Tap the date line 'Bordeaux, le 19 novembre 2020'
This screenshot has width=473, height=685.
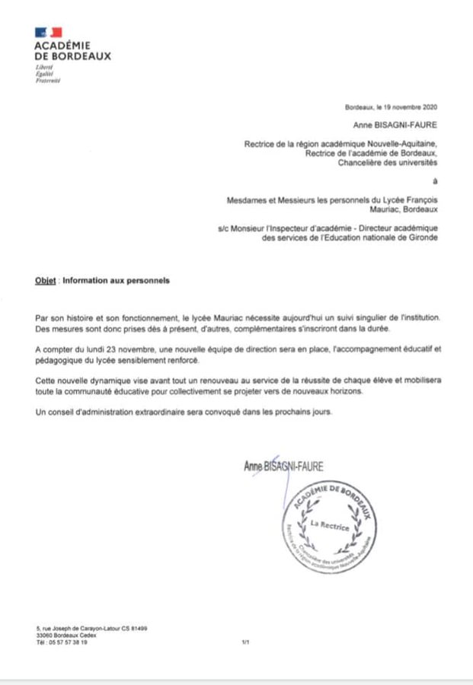click(x=392, y=109)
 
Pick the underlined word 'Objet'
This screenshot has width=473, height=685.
click(x=46, y=280)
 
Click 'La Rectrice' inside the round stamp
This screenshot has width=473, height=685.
click(x=329, y=526)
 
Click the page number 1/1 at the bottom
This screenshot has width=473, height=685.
click(x=245, y=642)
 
